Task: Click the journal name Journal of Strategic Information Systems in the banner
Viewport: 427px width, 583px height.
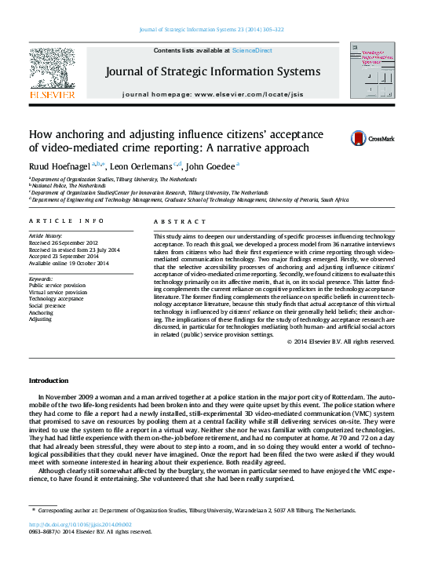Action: (x=212, y=73)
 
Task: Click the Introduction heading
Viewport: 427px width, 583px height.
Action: (x=49, y=381)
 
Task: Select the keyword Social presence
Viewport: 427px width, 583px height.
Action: (x=48, y=306)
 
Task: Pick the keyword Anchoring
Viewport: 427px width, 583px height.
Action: (x=42, y=313)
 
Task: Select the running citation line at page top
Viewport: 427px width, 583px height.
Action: (x=212, y=29)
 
